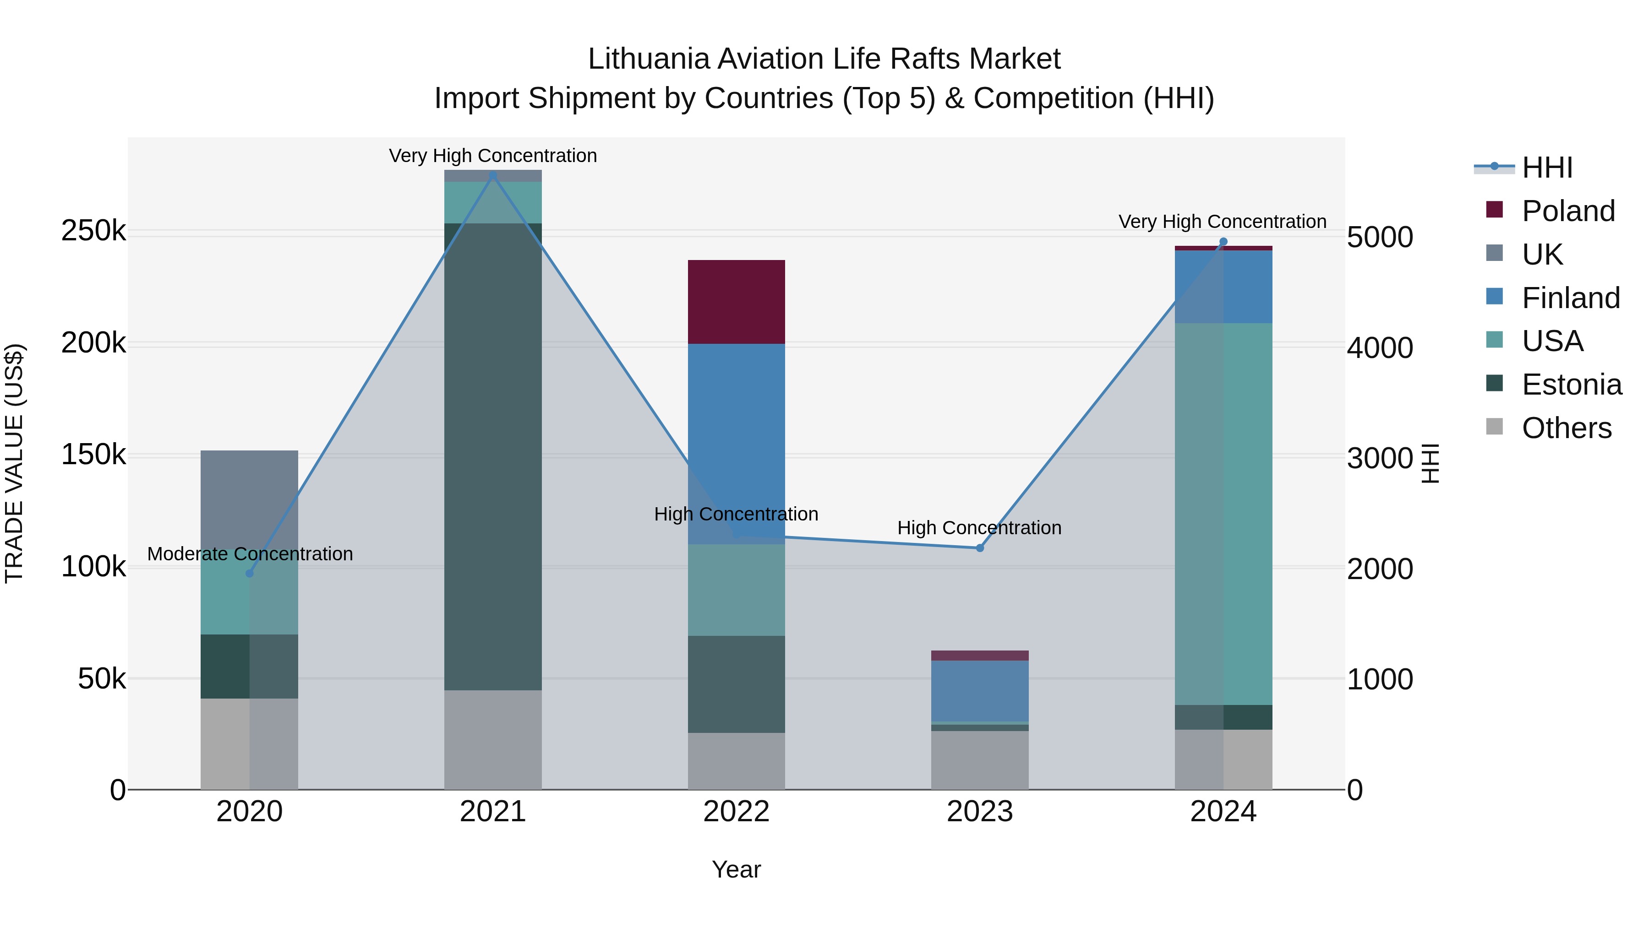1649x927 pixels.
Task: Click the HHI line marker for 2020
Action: click(250, 573)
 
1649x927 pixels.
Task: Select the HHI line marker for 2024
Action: click(1223, 242)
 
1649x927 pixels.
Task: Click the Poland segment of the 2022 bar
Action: click(736, 302)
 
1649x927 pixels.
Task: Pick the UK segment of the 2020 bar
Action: click(250, 499)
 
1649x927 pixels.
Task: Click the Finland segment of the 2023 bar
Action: click(979, 690)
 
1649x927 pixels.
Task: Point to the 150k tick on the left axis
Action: click(93, 455)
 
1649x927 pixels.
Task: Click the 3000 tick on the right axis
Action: click(1380, 459)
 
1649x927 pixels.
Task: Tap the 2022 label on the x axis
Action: click(736, 812)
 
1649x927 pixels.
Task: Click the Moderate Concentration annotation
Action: click(250, 554)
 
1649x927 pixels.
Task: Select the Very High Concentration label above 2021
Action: click(493, 156)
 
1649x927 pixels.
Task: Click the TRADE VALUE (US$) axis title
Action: click(14, 463)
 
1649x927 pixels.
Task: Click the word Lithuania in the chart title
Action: click(649, 59)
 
